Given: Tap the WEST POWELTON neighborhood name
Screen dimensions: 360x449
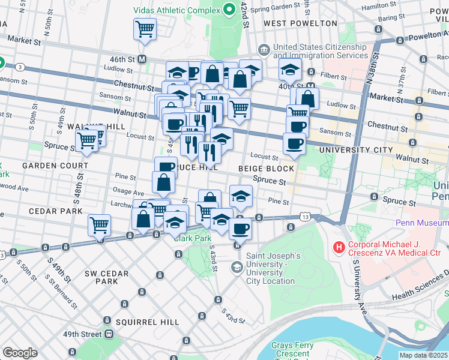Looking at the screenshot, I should coord(300,23).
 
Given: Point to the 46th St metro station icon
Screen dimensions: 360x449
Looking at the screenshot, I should coord(143,59).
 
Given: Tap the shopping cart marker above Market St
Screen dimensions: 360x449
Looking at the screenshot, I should coord(145,29).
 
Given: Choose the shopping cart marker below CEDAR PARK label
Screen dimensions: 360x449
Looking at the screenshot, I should coord(99,225).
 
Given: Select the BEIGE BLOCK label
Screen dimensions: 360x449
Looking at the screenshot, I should coord(266,169).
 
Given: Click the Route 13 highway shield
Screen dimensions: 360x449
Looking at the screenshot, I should coord(306,216).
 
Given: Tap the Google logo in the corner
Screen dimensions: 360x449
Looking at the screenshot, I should coord(20,353).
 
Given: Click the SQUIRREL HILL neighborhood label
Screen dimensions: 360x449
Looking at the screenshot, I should coord(148,322).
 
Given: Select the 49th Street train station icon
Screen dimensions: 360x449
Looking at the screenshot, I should coord(109,334).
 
